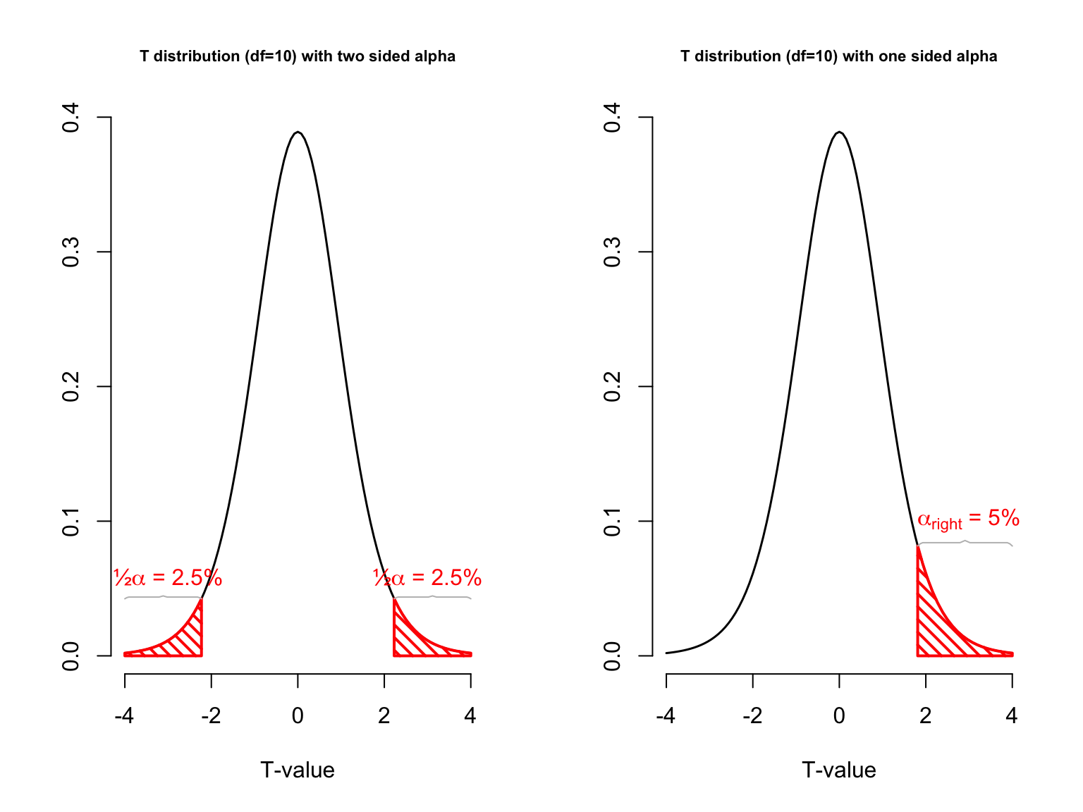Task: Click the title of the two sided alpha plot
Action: [298, 56]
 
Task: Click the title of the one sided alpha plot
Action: [838, 56]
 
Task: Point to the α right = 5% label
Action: [968, 519]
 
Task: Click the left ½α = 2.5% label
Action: [168, 578]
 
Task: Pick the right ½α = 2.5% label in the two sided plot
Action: [427, 578]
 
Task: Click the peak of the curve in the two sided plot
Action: [298, 133]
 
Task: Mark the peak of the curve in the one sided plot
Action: [839, 133]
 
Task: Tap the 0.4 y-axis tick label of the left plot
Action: [71, 117]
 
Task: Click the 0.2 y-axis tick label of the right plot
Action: [612, 386]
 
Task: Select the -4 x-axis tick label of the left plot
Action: [124, 716]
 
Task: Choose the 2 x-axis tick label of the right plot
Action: [925, 716]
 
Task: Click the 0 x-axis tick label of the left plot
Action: [298, 716]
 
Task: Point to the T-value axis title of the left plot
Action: [298, 770]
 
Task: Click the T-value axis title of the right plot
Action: [838, 770]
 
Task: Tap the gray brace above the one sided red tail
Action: [965, 542]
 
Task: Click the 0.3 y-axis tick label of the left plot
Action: [71, 252]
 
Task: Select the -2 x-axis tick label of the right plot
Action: [752, 716]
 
